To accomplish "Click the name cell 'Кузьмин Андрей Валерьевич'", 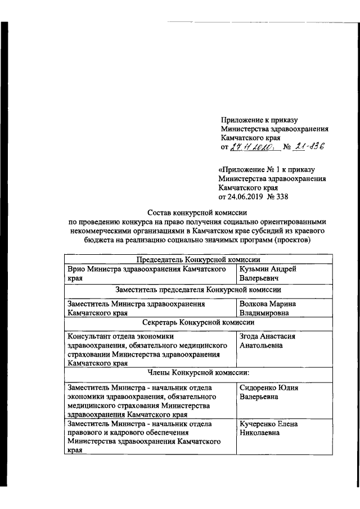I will pyautogui.click(x=268, y=273).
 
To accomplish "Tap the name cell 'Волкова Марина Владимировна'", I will pyautogui.click(x=268, y=308).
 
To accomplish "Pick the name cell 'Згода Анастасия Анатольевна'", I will pyautogui.click(x=268, y=341).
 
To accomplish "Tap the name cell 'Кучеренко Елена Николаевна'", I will pyautogui.click(x=269, y=429).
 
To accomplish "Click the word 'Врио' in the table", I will pyautogui.click(x=75, y=269).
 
